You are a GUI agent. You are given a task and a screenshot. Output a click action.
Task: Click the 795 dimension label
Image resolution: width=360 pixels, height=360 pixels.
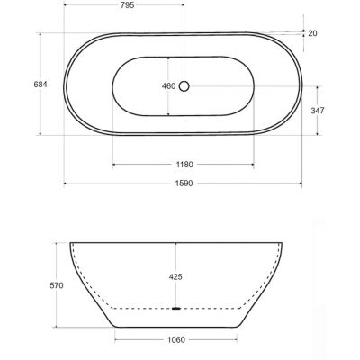[x=128, y=5]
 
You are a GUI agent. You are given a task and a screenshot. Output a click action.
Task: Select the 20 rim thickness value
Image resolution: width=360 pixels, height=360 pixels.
[x=312, y=33]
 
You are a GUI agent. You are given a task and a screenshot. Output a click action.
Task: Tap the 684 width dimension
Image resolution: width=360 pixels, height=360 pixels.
[x=40, y=85]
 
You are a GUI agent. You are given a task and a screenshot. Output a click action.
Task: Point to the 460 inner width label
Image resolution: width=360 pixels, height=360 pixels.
[x=168, y=86]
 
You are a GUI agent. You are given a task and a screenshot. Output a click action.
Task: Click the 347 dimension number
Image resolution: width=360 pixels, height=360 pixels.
[x=318, y=111]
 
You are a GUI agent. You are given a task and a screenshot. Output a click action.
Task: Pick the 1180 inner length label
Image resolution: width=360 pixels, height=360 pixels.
[x=184, y=165]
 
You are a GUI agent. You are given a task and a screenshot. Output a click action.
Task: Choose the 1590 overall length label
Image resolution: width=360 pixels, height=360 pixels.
[x=184, y=184]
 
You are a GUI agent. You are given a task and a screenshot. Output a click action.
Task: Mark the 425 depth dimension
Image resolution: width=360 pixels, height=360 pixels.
[x=175, y=276]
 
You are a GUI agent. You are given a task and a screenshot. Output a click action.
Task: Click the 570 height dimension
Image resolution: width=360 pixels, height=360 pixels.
[x=57, y=285]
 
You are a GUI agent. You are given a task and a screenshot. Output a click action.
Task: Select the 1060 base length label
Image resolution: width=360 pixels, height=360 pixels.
[x=176, y=340]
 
